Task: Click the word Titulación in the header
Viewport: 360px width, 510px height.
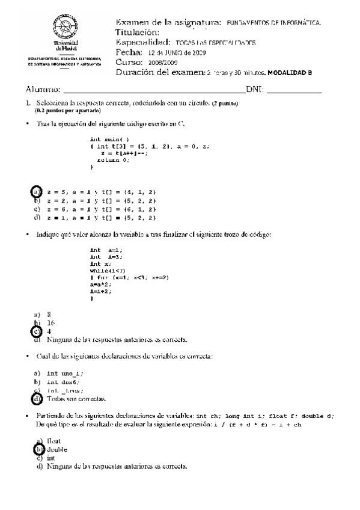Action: coord(137,32)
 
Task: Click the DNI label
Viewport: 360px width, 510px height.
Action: coord(255,90)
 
